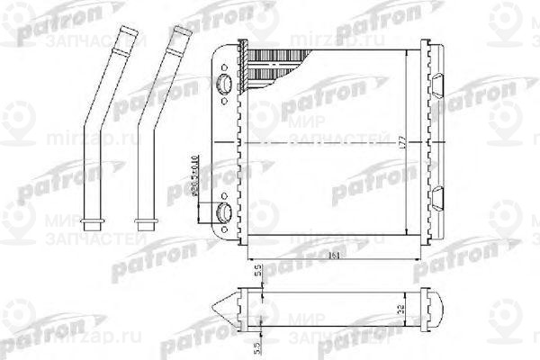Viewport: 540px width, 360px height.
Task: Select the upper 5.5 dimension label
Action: [x=256, y=271]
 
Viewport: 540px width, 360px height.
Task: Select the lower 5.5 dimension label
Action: [x=256, y=346]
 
